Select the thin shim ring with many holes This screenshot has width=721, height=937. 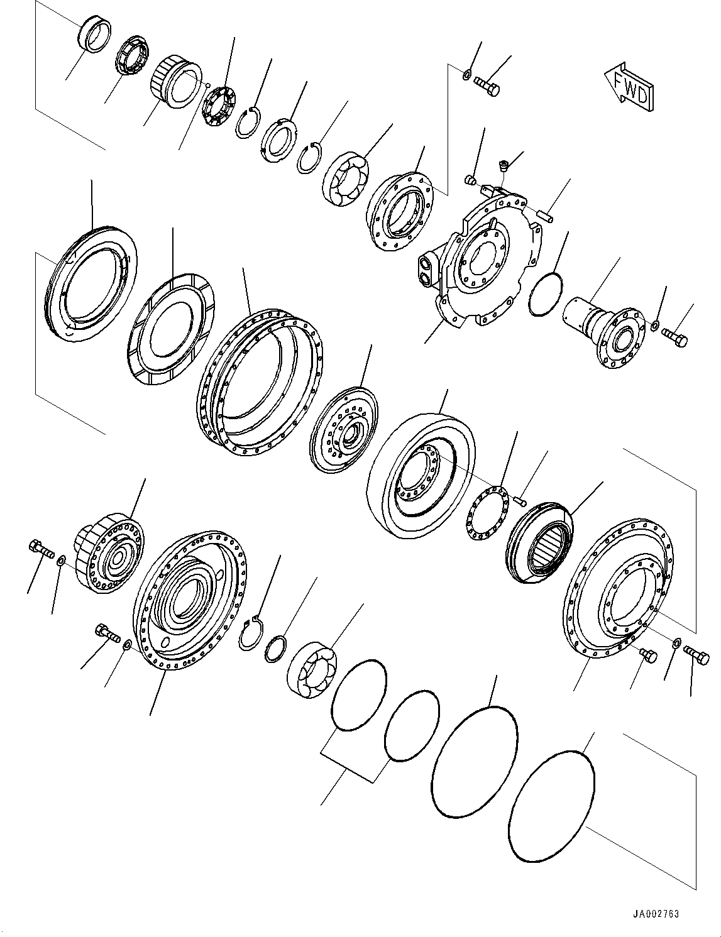(488, 513)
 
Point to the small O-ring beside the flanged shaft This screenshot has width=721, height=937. (544, 293)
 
